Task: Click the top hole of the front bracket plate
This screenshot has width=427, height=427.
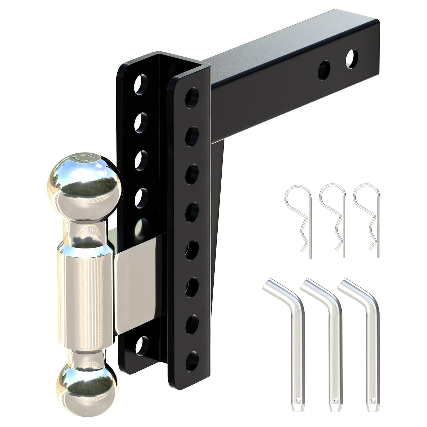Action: [x=192, y=97]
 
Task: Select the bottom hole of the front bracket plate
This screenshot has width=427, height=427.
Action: [x=192, y=361]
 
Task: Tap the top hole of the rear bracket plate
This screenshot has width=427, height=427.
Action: [x=141, y=84]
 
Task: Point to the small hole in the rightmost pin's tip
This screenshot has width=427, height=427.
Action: [x=371, y=400]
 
